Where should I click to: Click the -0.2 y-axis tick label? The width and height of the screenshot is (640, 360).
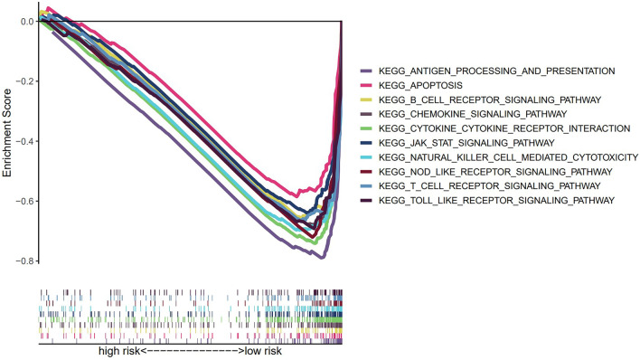[24, 81]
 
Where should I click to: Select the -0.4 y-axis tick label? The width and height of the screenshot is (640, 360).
[24, 142]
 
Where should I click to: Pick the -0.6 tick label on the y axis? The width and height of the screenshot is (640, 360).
[24, 202]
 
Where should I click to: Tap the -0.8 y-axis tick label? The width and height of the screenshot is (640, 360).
[24, 262]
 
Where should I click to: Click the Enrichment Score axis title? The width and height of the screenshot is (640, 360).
[8, 141]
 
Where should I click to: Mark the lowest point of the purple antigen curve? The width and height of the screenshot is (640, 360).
[321, 258]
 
